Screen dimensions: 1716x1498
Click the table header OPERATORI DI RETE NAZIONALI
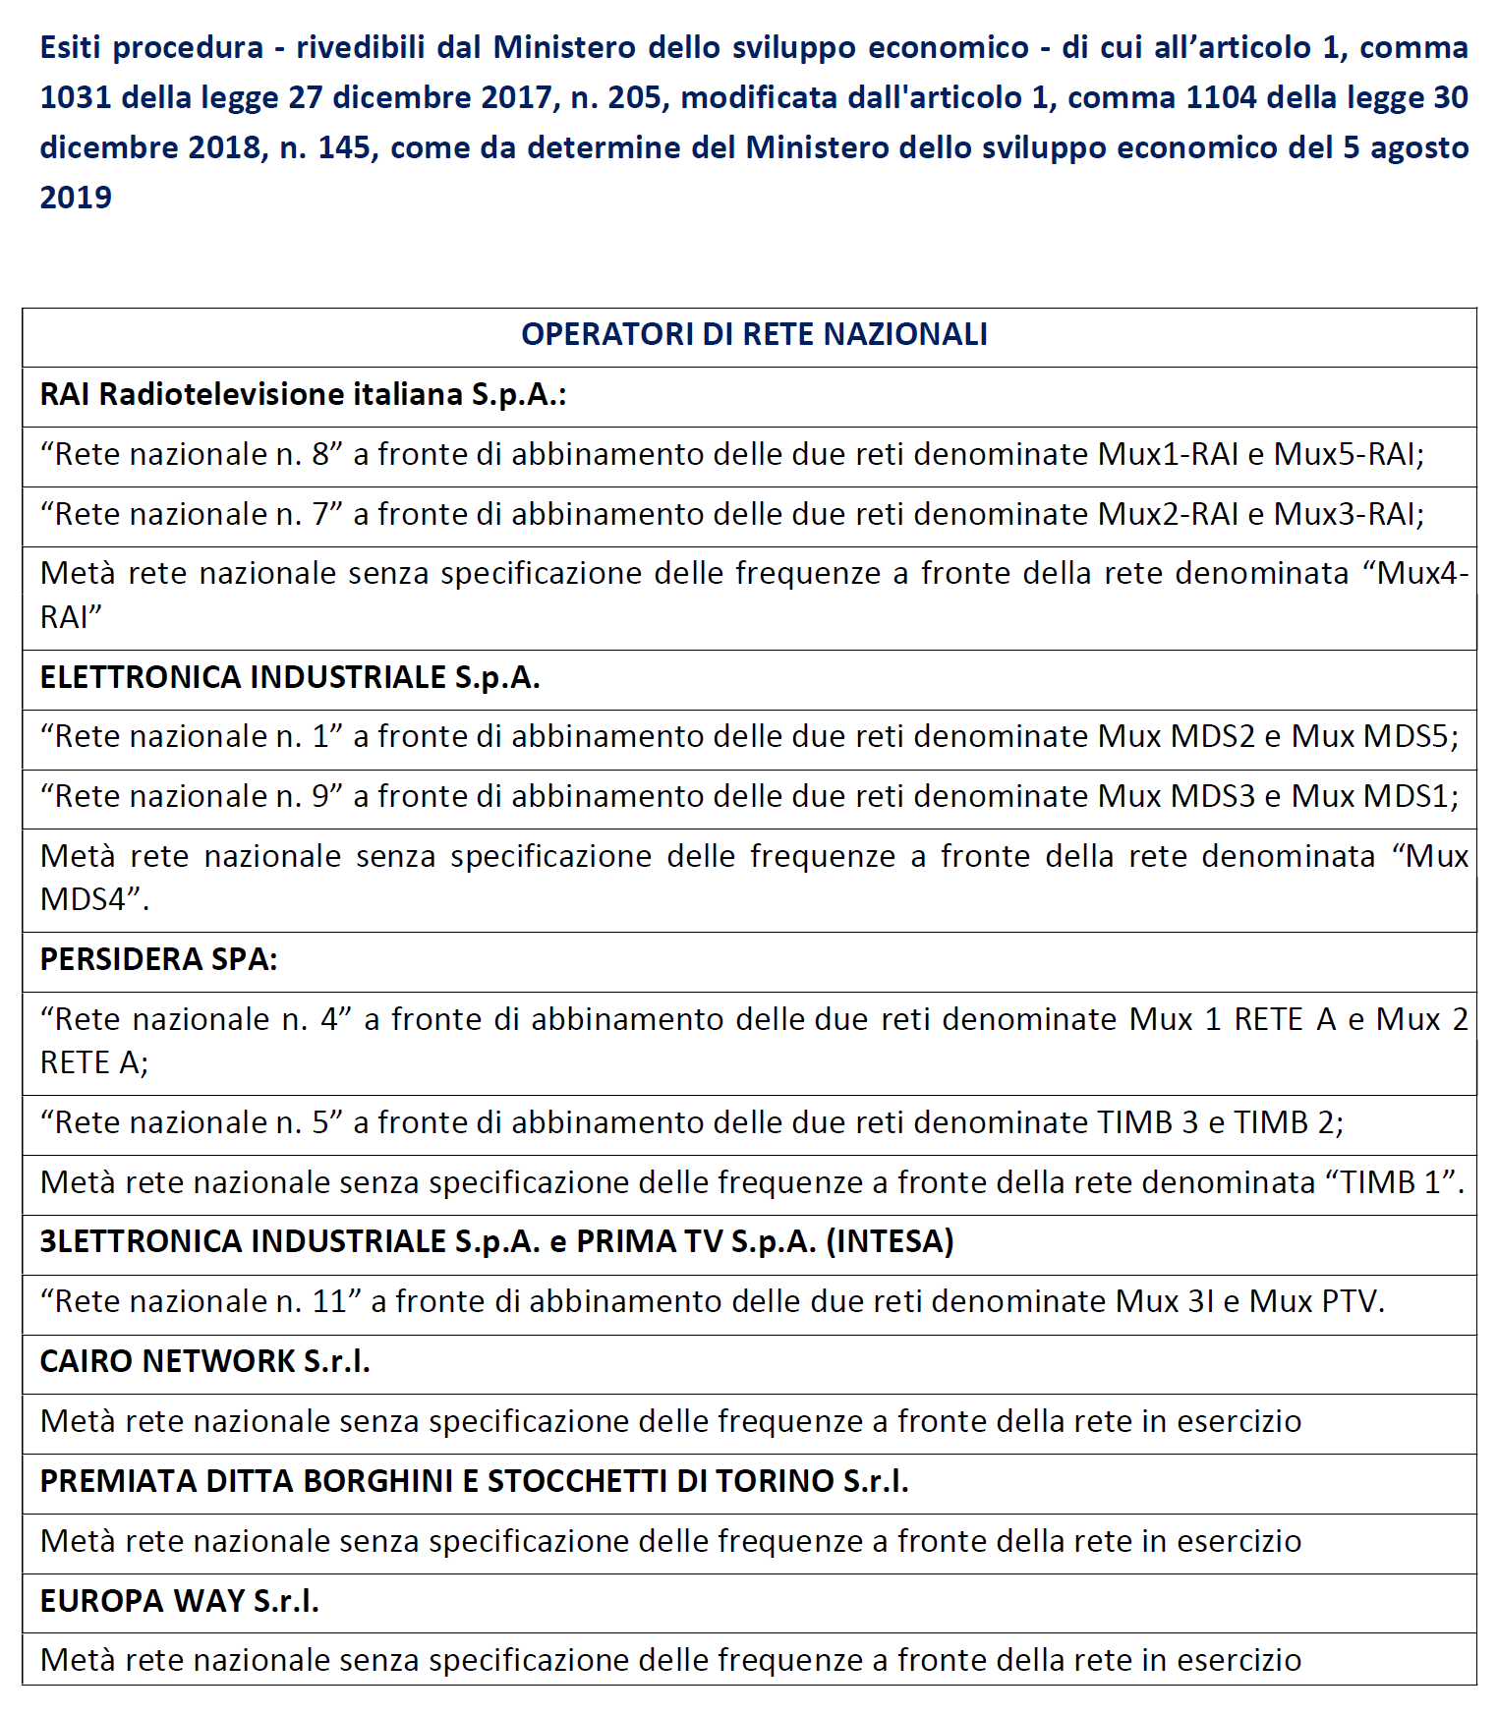coord(754,335)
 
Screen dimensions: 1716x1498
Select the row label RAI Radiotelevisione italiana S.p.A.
coord(303,395)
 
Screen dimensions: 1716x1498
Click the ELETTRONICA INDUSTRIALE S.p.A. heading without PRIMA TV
coord(290,678)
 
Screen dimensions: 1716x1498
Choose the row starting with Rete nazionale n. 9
coord(748,797)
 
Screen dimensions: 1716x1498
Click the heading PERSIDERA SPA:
coord(158,960)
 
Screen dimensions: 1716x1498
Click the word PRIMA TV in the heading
coord(650,1242)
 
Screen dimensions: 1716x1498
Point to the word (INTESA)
coord(890,1242)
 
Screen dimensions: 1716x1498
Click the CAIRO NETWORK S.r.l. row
coord(204,1362)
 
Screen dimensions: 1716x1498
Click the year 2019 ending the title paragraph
coord(76,198)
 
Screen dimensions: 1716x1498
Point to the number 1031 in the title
coord(76,97)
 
